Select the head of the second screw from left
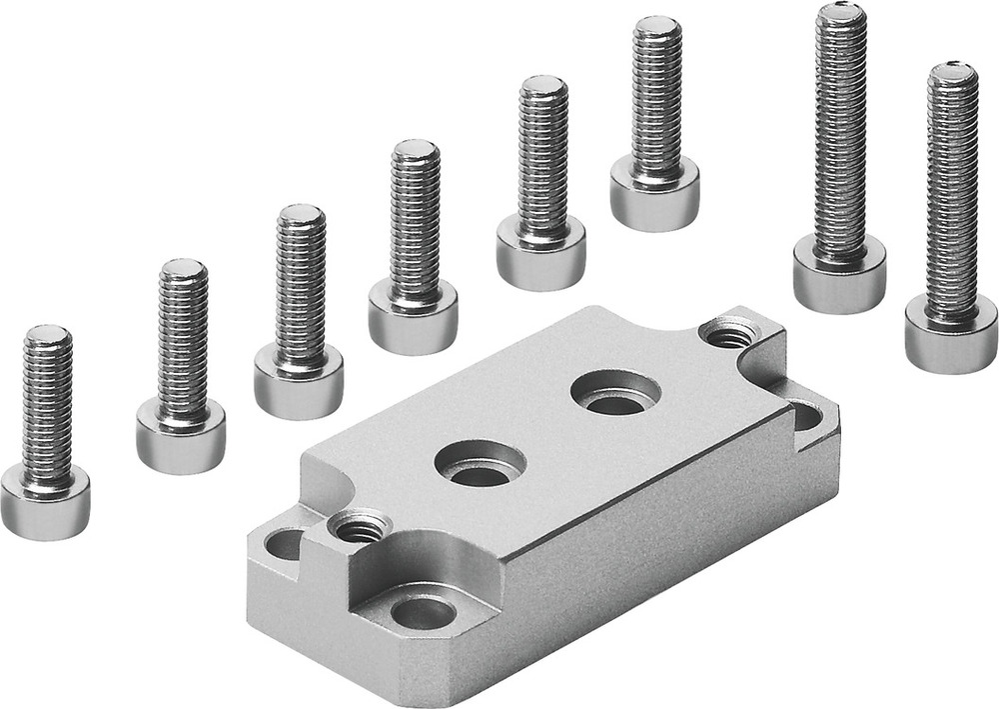click(180, 437)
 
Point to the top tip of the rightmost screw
click(952, 70)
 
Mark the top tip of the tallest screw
click(841, 12)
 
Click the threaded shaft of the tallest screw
click(841, 130)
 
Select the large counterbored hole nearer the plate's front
click(480, 463)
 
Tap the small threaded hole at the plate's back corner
click(728, 332)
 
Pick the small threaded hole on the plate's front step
click(358, 525)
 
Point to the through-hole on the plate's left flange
click(287, 544)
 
